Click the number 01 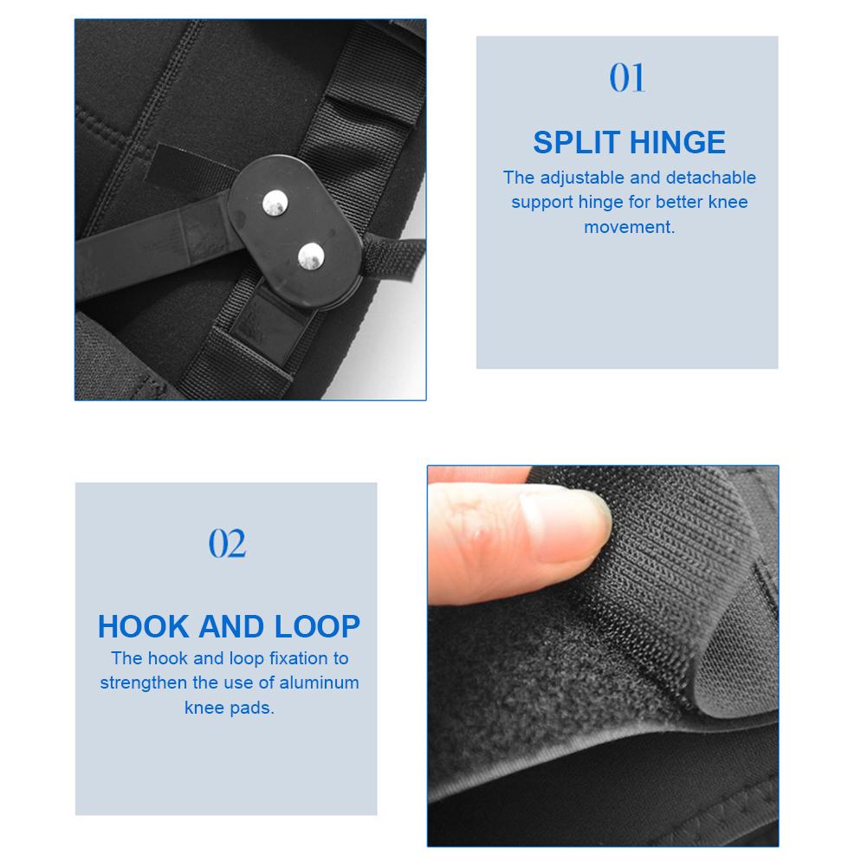click(x=627, y=78)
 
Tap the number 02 click(x=228, y=544)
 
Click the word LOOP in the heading click(x=315, y=625)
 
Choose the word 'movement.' click(x=629, y=228)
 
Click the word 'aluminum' click(x=318, y=683)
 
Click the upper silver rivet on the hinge click(x=275, y=203)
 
